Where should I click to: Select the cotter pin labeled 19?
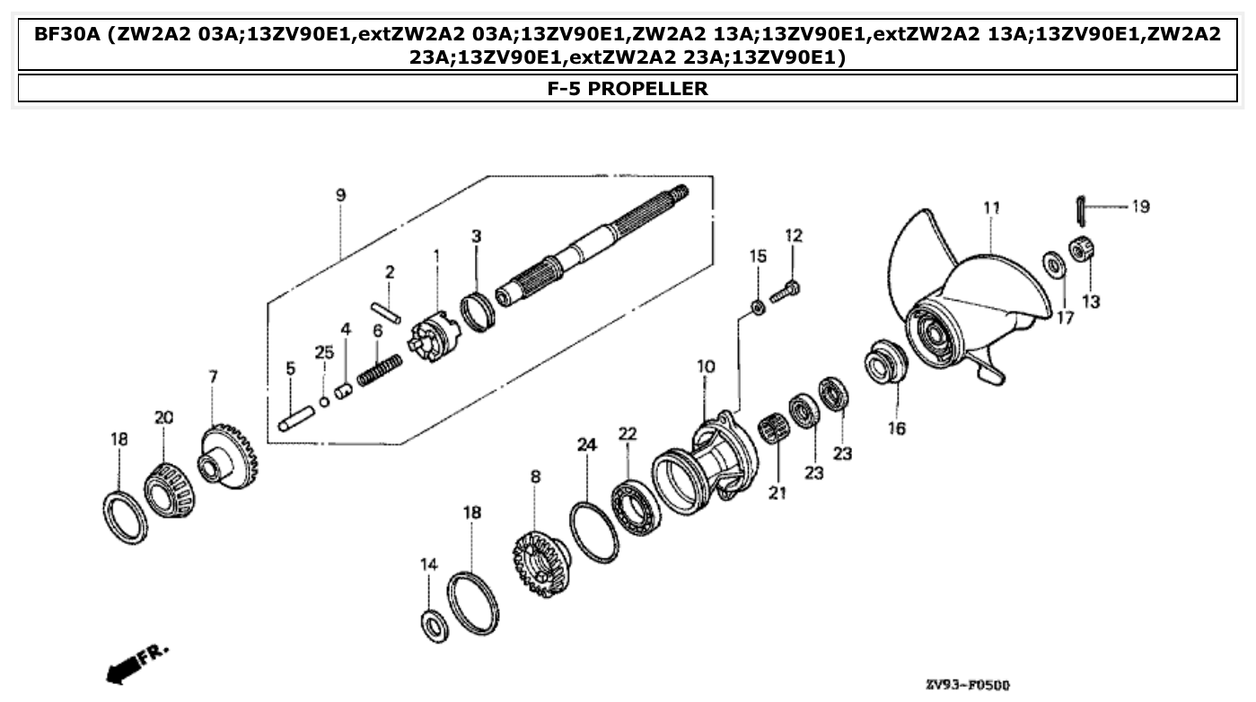pos(1080,211)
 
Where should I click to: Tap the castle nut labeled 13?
pos(1080,250)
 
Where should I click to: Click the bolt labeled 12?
pos(789,289)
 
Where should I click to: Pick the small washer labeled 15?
pos(757,308)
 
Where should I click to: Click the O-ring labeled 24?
pos(593,532)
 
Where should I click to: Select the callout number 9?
pos(340,195)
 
